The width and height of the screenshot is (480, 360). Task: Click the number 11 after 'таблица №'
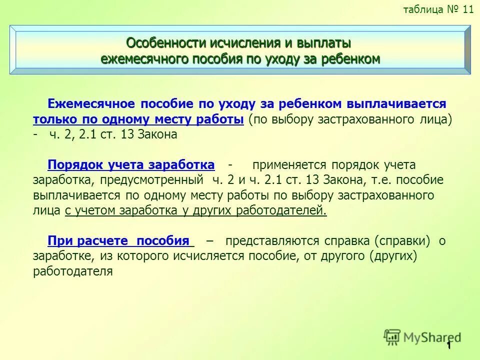tap(467, 10)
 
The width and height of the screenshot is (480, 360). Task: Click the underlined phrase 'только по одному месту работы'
tap(138, 119)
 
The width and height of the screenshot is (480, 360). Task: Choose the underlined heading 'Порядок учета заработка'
tap(131, 165)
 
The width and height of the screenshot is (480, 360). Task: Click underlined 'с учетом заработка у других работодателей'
tap(195, 210)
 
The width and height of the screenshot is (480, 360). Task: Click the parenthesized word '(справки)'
tap(402, 241)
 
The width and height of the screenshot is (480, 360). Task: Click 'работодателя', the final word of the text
tap(73, 271)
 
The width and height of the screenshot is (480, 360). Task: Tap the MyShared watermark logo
tap(422, 336)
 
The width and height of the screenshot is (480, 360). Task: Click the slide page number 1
tap(449, 346)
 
